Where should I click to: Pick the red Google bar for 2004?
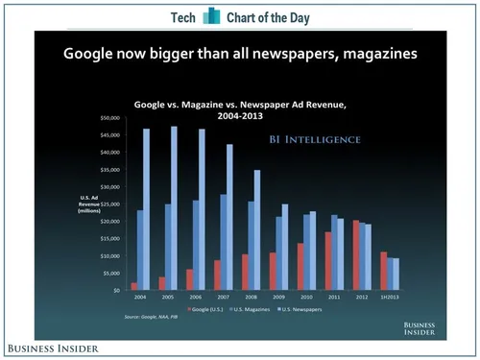tap(132, 285)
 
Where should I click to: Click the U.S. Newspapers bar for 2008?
tap(256, 229)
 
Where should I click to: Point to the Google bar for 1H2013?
tap(384, 270)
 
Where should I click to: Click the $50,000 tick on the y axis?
tap(107, 117)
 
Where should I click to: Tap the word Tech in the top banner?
tap(183, 17)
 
